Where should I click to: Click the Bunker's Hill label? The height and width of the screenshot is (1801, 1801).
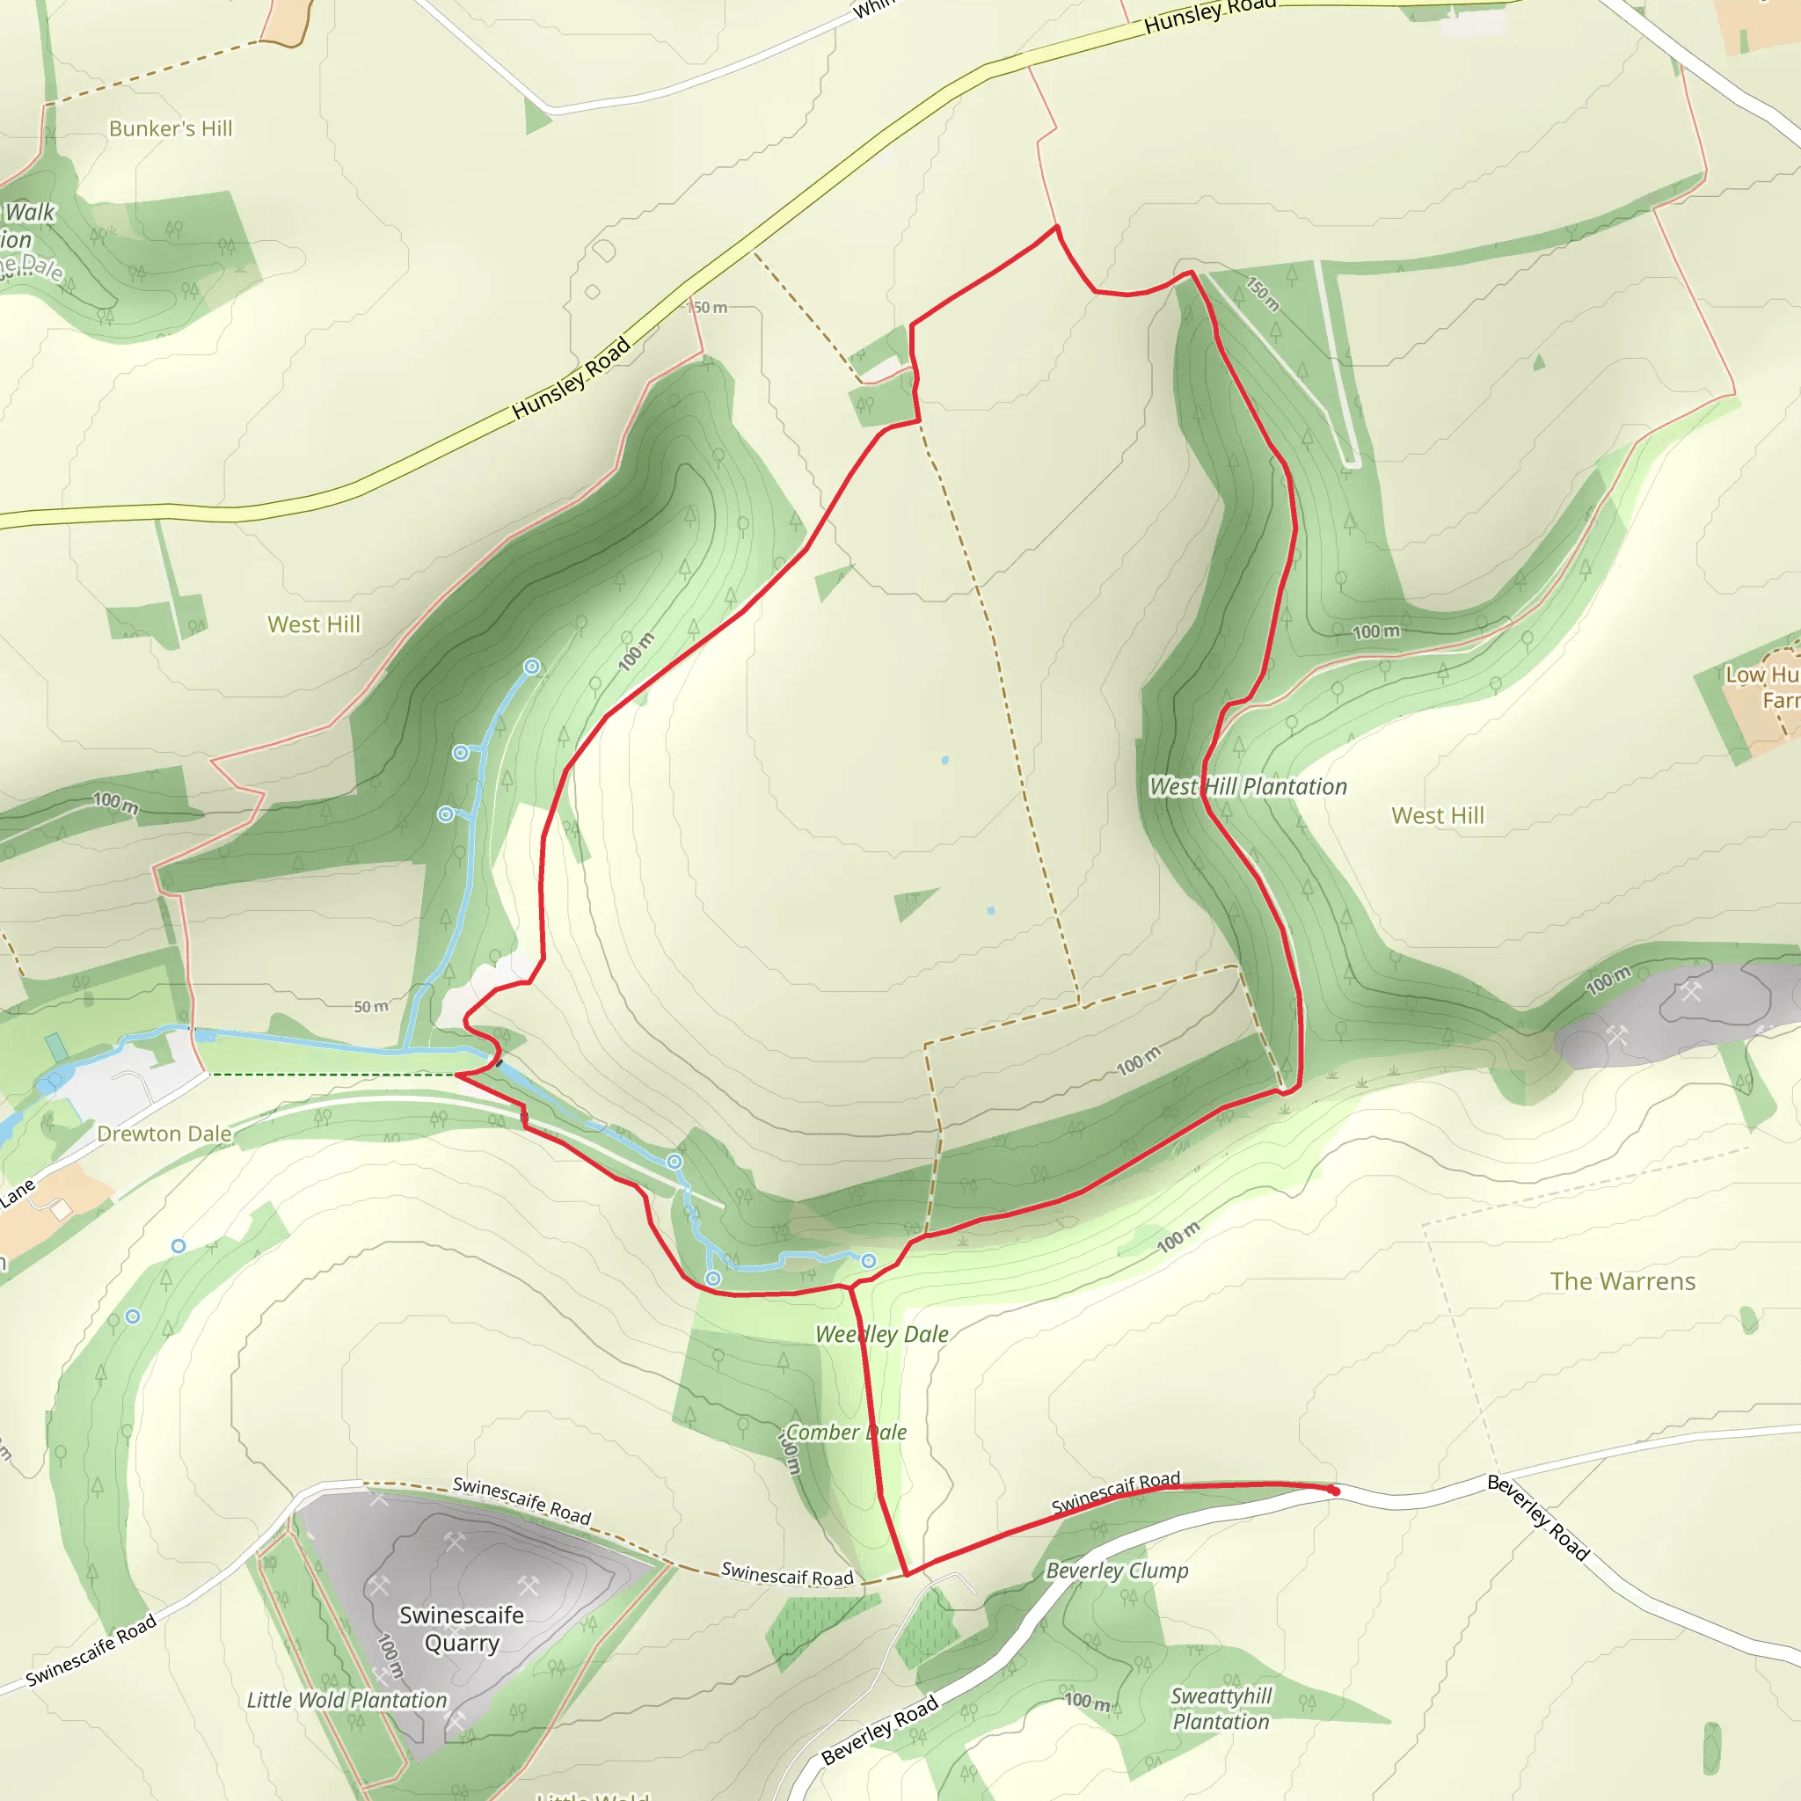(x=171, y=128)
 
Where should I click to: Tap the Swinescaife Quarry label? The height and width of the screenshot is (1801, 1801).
(x=462, y=1629)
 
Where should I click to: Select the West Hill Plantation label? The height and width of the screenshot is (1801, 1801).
(x=1248, y=787)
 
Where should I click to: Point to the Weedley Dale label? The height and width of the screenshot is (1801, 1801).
(x=882, y=1334)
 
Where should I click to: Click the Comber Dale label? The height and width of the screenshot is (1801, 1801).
(x=845, y=1432)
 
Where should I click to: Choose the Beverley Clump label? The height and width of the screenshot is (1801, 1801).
(x=1117, y=1571)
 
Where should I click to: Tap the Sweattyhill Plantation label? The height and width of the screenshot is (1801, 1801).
(x=1221, y=1709)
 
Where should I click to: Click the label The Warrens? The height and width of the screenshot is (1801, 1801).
(x=1623, y=1282)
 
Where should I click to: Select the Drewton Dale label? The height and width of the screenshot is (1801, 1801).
(x=164, y=1134)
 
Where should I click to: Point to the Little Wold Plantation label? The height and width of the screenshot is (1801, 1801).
(x=346, y=1701)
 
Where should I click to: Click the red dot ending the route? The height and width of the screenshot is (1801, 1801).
(x=1335, y=1491)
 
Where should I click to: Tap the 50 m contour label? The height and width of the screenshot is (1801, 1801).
(x=371, y=1007)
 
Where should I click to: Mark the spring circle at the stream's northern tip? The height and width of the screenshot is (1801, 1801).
(x=531, y=667)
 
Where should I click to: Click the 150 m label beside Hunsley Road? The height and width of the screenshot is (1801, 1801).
(x=709, y=308)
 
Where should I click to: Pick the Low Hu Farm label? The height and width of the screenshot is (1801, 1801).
(x=1760, y=687)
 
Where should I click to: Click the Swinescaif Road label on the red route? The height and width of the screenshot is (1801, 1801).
(x=1116, y=1492)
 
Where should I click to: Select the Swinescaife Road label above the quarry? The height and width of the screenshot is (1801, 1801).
(x=522, y=1501)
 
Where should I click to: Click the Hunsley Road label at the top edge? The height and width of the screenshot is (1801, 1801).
(x=1209, y=16)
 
